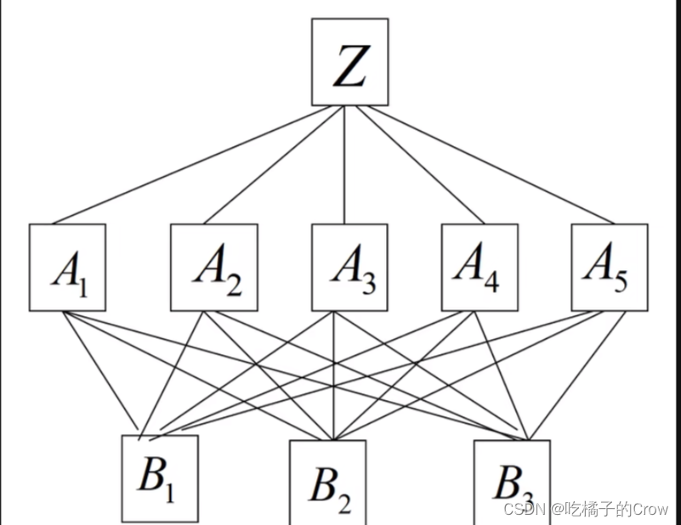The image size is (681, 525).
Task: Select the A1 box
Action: tap(67, 267)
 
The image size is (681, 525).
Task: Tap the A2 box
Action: tap(213, 267)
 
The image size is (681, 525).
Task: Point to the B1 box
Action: tap(160, 478)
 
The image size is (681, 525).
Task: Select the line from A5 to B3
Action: tap(578, 374)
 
